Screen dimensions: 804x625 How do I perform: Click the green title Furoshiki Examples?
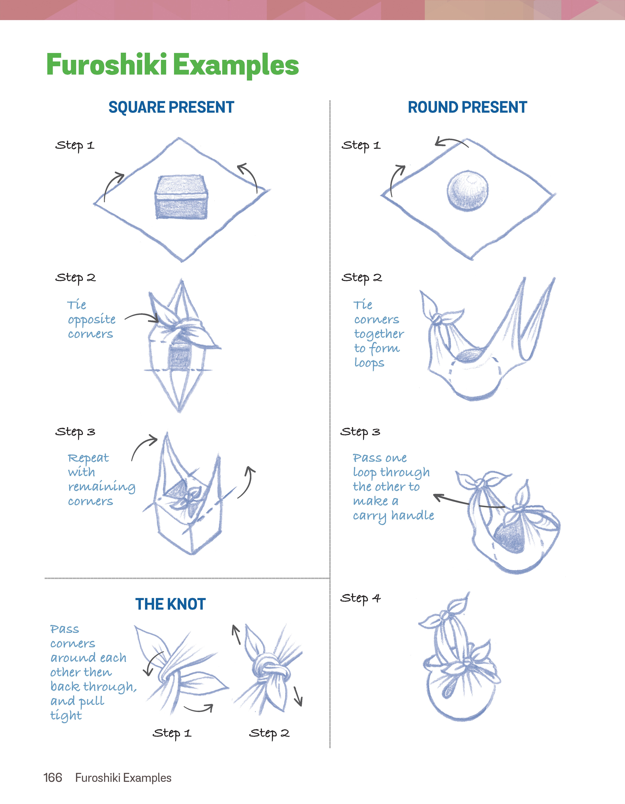(x=172, y=65)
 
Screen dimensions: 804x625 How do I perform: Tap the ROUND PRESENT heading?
(x=467, y=107)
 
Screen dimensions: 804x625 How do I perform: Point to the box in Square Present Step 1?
(x=181, y=198)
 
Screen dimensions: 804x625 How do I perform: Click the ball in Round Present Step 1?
(x=468, y=191)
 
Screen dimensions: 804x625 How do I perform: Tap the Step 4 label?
(x=360, y=599)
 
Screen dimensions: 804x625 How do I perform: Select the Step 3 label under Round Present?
(x=360, y=432)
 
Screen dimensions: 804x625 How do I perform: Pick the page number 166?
(x=53, y=778)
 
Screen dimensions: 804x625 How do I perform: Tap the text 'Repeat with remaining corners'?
(x=101, y=479)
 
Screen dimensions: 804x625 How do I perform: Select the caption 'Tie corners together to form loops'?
(x=378, y=334)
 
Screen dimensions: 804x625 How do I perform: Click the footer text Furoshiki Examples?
(x=123, y=778)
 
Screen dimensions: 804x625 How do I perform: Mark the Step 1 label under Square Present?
(x=75, y=145)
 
